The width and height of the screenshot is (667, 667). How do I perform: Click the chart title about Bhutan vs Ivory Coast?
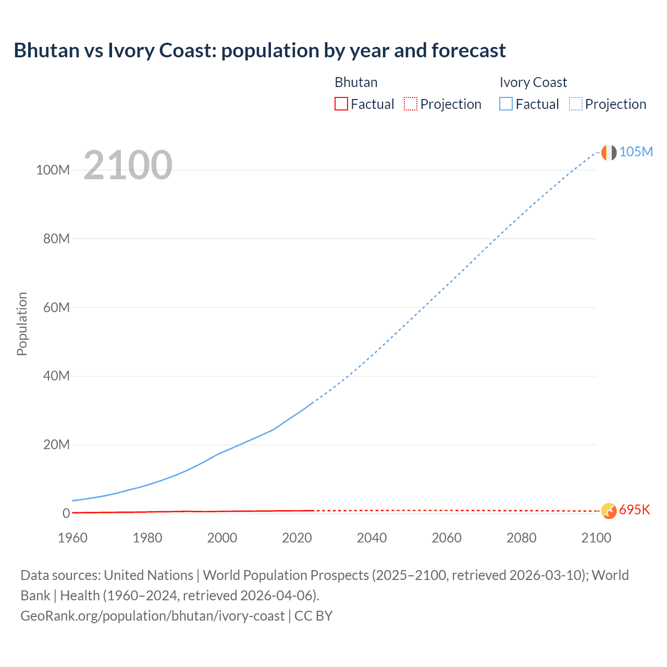(260, 51)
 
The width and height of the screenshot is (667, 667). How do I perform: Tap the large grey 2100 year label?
(128, 165)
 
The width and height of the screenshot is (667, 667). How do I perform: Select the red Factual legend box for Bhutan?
(341, 104)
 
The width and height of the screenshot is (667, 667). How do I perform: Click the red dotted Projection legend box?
(411, 104)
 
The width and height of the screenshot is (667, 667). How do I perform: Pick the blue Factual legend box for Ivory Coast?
(506, 104)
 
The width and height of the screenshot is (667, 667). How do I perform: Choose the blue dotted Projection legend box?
(576, 104)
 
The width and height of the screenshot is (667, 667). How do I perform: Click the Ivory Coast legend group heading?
(533, 82)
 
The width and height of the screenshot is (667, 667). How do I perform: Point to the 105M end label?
(636, 152)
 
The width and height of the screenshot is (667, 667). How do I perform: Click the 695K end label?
(635, 510)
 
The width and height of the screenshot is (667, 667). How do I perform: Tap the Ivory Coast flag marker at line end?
(609, 152)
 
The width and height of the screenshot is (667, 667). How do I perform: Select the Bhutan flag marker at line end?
(609, 511)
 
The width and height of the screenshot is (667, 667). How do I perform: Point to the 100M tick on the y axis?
(53, 170)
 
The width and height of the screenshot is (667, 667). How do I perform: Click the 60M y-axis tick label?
(56, 307)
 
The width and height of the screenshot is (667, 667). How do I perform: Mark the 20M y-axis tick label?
(56, 444)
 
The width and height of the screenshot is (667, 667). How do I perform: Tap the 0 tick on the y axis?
(66, 513)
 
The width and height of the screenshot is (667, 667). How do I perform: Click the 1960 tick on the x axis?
(72, 538)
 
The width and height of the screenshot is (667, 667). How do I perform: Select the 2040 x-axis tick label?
(372, 538)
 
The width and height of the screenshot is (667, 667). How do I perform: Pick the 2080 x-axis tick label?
(521, 538)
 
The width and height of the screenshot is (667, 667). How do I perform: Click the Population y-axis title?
(22, 324)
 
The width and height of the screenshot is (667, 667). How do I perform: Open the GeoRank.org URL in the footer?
(152, 616)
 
